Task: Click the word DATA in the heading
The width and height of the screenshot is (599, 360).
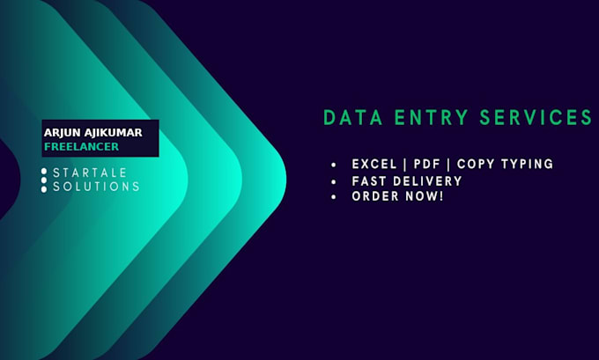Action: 352,117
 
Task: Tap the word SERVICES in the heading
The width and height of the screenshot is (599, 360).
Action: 536,117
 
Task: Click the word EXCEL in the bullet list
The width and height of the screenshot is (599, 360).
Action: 374,165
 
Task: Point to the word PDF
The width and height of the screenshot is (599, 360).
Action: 427,165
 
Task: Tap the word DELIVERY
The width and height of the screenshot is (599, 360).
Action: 428,181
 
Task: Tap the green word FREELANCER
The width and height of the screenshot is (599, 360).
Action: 82,147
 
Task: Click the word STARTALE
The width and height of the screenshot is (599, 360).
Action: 90,173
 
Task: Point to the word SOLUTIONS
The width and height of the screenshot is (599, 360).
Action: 96,187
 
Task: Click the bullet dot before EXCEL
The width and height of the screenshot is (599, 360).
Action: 334,165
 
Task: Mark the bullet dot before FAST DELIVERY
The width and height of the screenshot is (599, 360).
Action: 334,182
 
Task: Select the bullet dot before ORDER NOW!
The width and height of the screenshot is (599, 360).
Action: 334,197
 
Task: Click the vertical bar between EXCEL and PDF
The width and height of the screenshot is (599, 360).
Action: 405,165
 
